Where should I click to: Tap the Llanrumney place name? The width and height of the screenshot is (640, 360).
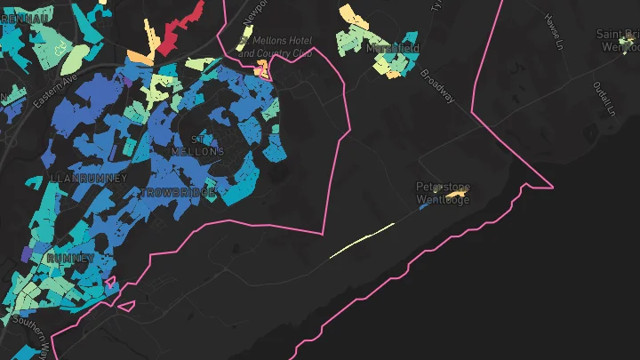89,179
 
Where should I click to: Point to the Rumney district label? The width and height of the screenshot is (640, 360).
71,258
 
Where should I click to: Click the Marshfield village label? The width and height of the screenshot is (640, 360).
393,48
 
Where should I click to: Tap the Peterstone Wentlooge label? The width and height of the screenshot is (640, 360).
443,193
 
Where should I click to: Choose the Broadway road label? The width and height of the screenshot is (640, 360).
437,86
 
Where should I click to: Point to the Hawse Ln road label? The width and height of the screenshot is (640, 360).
555,31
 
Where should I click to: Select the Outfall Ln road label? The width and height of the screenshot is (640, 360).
604,99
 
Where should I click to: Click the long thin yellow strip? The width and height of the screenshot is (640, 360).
362,240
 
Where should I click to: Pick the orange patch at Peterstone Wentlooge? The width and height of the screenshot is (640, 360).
456,194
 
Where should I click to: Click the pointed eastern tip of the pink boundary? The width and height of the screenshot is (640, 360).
552,188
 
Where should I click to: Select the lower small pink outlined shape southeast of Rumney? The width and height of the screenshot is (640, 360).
126,307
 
